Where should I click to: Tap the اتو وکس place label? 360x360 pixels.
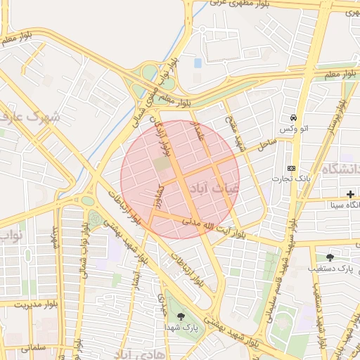click(x=293, y=130)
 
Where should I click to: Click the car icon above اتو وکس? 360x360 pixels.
click(x=293, y=118)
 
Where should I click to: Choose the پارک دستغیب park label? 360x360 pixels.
click(x=333, y=269)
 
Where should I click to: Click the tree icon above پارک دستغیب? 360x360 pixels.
click(x=330, y=257)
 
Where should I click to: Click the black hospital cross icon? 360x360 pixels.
click(x=350, y=193)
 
